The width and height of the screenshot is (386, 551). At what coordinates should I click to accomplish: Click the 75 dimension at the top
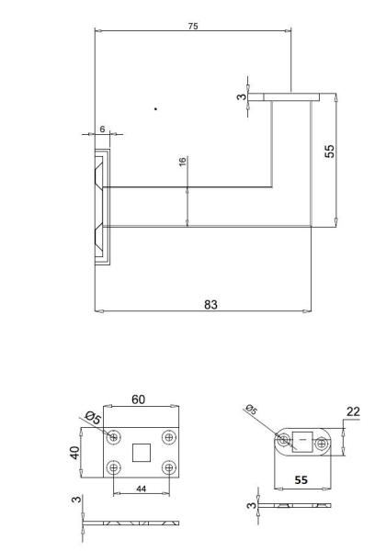tap(193, 27)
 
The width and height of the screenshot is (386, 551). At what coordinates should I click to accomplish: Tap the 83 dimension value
tap(210, 304)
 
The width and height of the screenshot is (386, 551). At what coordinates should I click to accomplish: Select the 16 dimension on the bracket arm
tap(182, 162)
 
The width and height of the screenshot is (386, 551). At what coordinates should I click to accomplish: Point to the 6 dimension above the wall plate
tap(102, 129)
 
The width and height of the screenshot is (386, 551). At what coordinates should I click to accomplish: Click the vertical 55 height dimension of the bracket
tap(330, 152)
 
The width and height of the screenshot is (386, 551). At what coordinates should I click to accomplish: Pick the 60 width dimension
tap(138, 399)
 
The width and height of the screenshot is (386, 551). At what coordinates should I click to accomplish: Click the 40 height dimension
tap(74, 453)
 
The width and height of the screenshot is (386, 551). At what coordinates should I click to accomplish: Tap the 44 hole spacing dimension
tap(141, 489)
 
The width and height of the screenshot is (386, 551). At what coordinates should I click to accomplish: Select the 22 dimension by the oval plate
tap(353, 411)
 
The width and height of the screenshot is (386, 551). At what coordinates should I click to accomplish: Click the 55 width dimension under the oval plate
tap(301, 480)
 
